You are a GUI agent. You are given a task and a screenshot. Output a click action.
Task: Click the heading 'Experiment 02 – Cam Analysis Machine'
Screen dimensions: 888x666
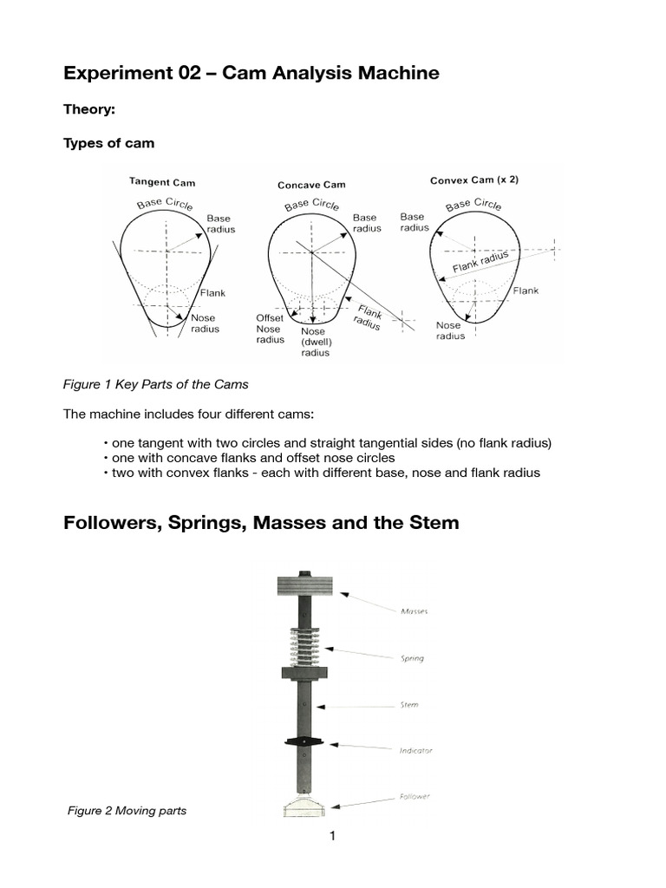coord(251,74)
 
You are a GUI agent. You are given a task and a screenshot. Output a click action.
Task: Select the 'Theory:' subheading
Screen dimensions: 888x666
coord(89,110)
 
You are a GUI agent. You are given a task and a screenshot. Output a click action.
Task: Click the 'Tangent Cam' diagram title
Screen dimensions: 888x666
coord(162,182)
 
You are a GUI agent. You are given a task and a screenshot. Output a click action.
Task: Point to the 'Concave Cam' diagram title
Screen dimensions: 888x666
coord(311,185)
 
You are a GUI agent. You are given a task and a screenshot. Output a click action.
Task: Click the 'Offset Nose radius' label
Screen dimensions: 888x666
coord(269,329)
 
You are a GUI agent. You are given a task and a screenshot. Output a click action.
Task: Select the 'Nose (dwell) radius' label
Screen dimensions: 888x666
coord(314,342)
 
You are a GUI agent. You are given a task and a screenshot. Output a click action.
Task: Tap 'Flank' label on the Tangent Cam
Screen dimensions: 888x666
coord(212,293)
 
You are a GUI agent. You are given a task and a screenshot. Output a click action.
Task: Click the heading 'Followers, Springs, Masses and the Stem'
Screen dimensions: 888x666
coord(261,523)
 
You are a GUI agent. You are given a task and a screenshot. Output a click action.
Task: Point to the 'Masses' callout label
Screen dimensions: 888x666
coord(414,611)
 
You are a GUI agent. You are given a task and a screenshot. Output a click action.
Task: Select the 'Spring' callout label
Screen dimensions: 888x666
coord(412,658)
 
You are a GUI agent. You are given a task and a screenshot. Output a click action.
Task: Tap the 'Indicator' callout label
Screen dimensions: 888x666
coord(415,750)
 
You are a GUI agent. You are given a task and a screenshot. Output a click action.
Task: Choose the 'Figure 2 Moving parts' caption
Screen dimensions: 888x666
coord(127,811)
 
